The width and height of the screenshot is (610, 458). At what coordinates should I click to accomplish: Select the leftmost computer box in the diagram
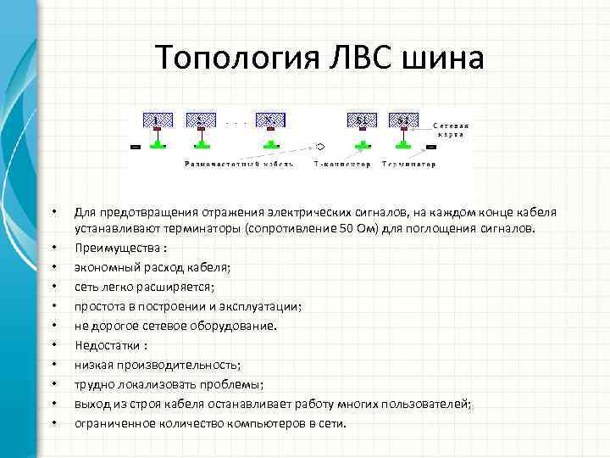point(158,121)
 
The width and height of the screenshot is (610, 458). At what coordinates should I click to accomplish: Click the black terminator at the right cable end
point(430,147)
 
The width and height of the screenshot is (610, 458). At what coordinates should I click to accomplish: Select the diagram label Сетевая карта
point(453,130)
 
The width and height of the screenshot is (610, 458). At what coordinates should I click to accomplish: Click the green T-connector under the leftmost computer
point(158,145)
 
